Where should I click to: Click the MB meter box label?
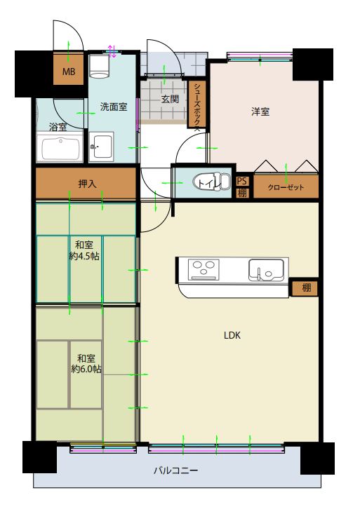[69, 72]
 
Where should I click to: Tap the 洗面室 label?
[114, 107]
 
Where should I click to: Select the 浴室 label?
[58, 127]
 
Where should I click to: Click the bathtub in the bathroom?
[60, 147]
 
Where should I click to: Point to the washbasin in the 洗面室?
[101, 146]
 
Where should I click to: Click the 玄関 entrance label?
[170, 99]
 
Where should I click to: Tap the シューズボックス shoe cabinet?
[196, 104]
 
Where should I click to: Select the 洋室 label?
[260, 111]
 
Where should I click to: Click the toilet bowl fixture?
[211, 182]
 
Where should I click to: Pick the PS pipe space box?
[242, 181]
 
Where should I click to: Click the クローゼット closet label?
[286, 187]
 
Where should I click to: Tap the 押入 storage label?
[87, 184]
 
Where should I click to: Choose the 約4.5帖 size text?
[84, 256]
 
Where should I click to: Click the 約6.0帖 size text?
[86, 369]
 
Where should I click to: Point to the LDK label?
[232, 335]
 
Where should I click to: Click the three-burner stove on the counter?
[204, 269]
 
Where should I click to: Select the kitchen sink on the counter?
[266, 269]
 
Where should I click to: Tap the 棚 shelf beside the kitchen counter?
[305, 287]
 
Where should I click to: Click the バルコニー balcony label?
[175, 470]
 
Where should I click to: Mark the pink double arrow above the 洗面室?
[112, 51]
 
